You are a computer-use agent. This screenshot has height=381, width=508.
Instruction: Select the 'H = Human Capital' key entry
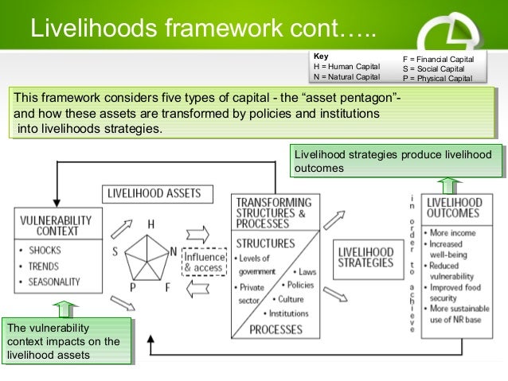pyautogui.click(x=346, y=67)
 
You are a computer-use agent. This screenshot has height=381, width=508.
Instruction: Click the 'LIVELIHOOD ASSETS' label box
pyautogui.click(x=154, y=192)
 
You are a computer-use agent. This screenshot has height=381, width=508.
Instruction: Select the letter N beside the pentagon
pyautogui.click(x=173, y=252)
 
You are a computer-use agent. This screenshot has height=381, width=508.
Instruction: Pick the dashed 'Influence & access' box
pyautogui.click(x=205, y=262)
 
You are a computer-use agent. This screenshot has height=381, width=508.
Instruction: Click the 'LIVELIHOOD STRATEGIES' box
pyautogui.click(x=365, y=256)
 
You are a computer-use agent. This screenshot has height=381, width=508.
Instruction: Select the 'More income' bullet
pyautogui.click(x=455, y=232)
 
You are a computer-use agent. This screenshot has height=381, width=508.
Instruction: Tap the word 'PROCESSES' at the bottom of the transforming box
pyautogui.click(x=275, y=329)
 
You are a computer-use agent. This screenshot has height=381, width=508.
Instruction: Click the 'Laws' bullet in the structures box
pyautogui.click(x=306, y=272)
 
